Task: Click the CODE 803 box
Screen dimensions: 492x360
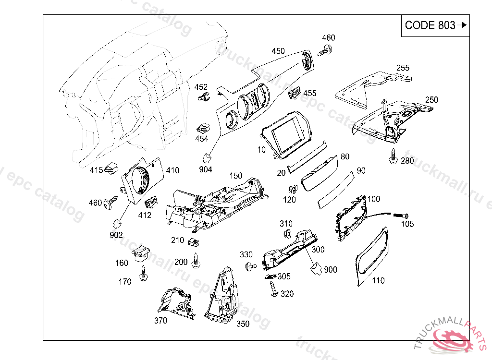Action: pos(435,25)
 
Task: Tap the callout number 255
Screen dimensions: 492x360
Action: pos(403,68)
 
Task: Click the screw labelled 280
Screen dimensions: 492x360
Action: pos(393,156)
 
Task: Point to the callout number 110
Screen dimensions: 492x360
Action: pos(378,280)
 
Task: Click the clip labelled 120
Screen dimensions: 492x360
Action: pos(293,189)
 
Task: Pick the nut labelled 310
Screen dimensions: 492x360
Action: pos(287,234)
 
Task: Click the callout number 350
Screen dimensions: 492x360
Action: pos(243,324)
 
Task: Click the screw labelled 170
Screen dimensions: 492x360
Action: pos(143,273)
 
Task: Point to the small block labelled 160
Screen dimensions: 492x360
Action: pos(141,253)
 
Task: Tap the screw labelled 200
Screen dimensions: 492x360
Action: pos(196,260)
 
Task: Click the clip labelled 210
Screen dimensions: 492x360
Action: pos(194,242)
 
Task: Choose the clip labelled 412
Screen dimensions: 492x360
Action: pos(151,202)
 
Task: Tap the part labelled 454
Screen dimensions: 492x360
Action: pos(203,128)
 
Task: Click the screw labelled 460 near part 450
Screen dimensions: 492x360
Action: pos(325,50)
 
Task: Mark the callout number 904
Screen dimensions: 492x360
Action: pos(206,169)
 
